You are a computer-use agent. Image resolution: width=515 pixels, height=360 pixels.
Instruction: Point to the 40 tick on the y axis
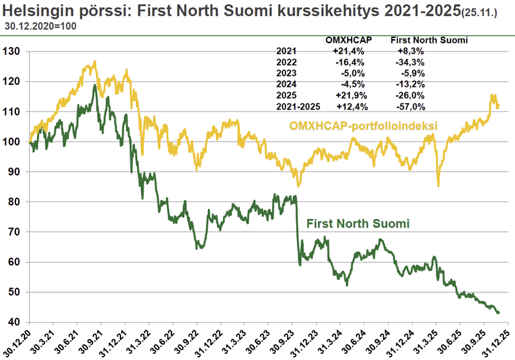click(14, 322)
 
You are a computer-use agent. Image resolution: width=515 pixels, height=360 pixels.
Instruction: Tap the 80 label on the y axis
click(14, 202)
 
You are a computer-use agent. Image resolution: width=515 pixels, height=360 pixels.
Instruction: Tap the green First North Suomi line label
click(359, 223)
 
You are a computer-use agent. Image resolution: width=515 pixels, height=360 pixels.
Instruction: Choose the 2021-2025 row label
click(297, 106)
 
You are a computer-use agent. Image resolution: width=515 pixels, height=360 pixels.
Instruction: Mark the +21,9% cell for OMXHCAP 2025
click(349, 95)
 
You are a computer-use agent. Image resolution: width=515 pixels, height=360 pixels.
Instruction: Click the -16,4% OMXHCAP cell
click(349, 62)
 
